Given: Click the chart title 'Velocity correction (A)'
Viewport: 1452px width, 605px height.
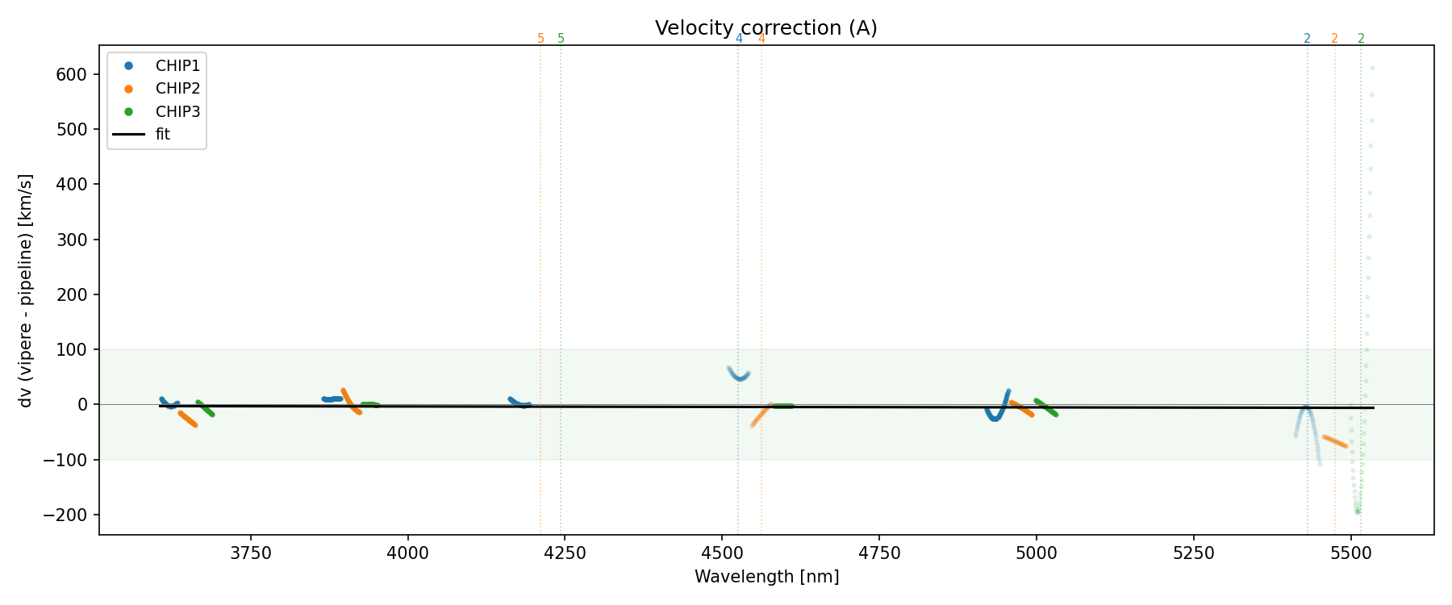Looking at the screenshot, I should (766, 28).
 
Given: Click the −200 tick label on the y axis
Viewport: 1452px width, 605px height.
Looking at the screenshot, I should (70, 515).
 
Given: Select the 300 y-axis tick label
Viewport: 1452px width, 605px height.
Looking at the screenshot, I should (74, 240).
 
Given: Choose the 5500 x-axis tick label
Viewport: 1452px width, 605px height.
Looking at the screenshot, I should (1350, 553).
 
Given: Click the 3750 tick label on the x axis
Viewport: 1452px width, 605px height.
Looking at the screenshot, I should (251, 553).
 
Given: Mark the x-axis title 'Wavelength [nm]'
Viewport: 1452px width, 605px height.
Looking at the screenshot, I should (766, 577).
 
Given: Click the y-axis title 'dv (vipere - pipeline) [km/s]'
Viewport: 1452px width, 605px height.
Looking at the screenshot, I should (26, 290).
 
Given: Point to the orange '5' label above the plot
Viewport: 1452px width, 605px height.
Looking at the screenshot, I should (540, 39).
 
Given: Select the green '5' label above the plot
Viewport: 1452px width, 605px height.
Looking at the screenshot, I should (561, 39).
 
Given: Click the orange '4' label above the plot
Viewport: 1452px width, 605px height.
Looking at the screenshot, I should (761, 39).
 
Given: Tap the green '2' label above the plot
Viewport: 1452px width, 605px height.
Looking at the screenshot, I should (1362, 39).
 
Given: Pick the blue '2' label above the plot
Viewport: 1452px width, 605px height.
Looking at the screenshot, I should (1308, 39).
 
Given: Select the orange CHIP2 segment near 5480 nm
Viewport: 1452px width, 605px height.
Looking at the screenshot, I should (1335, 441).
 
